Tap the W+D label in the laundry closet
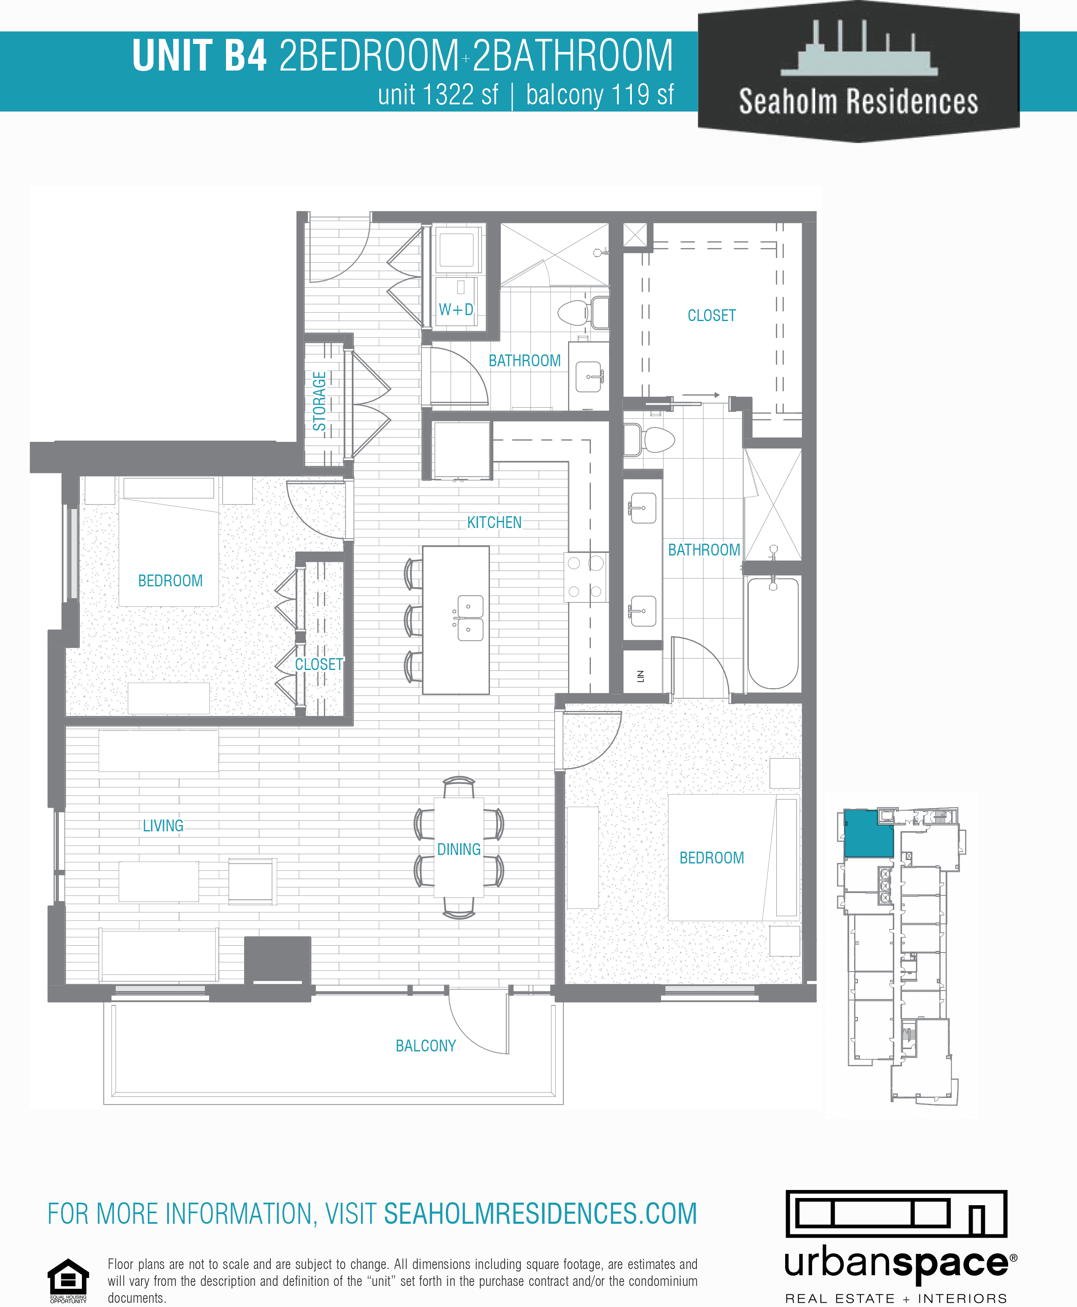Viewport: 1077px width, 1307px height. point(456,310)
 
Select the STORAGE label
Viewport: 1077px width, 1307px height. point(319,401)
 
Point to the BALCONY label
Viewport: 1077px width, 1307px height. point(426,1046)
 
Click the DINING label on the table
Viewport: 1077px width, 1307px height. point(459,849)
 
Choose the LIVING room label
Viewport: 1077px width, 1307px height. point(163,825)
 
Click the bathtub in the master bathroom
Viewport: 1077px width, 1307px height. point(772,633)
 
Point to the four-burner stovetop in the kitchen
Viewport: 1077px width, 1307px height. point(585,577)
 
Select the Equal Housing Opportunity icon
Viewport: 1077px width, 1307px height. point(68,1280)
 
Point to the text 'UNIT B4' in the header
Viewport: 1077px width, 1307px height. point(200,56)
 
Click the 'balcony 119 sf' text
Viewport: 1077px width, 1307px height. point(599,95)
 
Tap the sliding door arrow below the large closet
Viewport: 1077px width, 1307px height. point(701,395)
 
